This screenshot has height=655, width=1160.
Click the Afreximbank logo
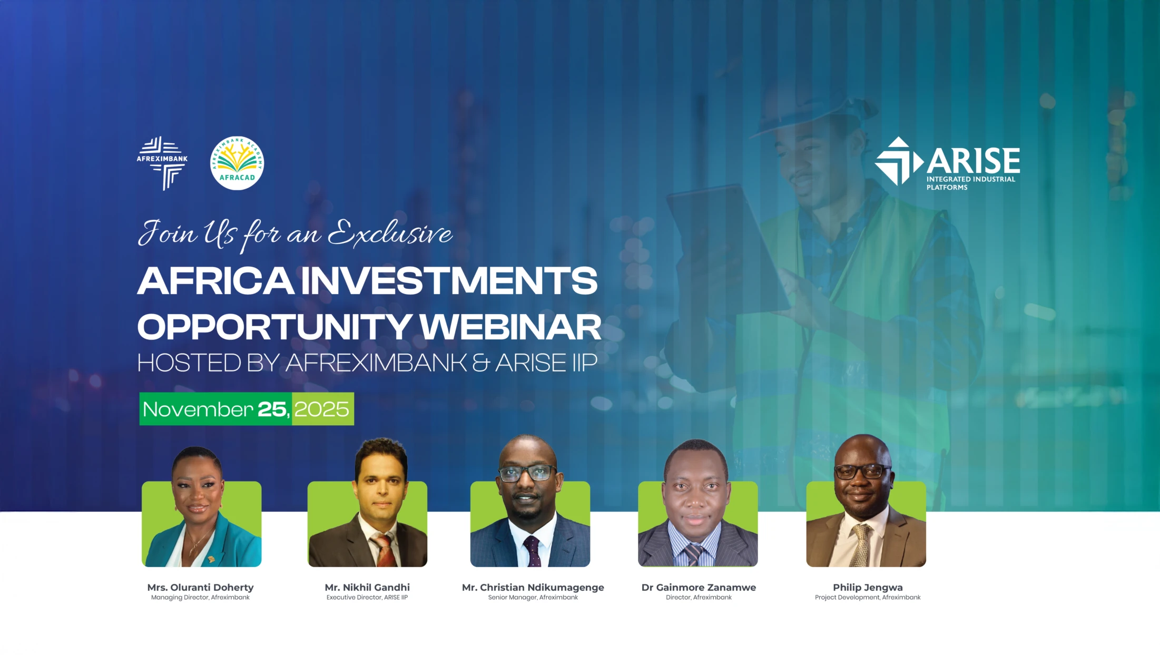162,162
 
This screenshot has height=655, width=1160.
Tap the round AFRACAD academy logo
237,163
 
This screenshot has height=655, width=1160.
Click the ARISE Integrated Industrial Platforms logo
947,163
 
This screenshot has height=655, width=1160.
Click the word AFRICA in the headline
215,281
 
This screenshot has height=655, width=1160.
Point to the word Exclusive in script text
390,234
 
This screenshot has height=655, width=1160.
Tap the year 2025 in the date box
322,409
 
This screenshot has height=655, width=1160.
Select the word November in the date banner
198,409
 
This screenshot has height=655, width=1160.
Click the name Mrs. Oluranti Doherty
200,587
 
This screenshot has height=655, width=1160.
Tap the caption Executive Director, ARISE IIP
367,598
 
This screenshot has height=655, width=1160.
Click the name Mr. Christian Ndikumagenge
533,587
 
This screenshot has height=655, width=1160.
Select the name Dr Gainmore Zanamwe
699,587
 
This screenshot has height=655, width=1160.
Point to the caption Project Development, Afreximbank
868,598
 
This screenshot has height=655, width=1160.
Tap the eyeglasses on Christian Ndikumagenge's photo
527,473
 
